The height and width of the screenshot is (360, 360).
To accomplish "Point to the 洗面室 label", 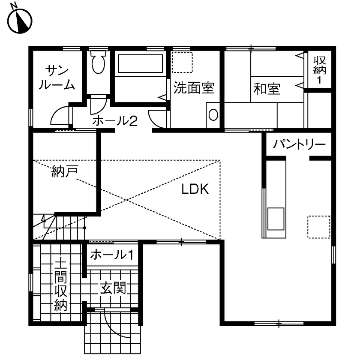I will tap(194, 88).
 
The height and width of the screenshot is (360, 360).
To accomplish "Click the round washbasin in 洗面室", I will tap(213, 115).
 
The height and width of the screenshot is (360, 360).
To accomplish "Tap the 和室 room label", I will tap(267, 89).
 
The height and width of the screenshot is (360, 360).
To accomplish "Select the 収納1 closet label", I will tap(319, 70).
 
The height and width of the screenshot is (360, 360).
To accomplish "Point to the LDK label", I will tap(195, 189).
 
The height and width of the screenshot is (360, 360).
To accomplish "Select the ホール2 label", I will tap(114, 121).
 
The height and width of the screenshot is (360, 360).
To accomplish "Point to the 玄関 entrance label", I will tap(113, 288).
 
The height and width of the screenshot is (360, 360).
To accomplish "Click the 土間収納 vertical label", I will tap(60, 285).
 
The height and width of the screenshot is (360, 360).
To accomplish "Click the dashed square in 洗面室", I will tap(183, 63).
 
